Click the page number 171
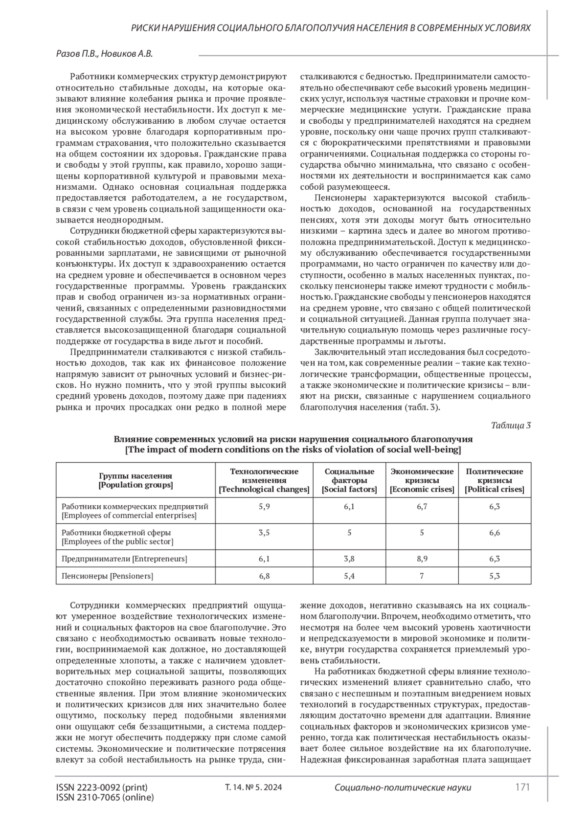522,787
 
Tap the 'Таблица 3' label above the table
511,425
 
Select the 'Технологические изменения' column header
264,480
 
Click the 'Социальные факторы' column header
349,480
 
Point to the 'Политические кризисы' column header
494,480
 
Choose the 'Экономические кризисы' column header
422,480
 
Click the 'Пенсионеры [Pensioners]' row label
107,576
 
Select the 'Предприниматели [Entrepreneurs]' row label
124,558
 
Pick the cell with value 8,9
422,558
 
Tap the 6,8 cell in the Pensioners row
264,576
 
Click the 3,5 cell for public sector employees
264,532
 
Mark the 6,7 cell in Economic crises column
422,506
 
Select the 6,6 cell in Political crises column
494,532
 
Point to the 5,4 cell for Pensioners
349,576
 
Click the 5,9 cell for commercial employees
264,506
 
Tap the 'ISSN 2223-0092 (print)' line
102,787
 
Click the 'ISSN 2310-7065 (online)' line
105,797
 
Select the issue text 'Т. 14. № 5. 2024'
253,787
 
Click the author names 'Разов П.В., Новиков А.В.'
105,54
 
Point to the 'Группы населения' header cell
135,480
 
